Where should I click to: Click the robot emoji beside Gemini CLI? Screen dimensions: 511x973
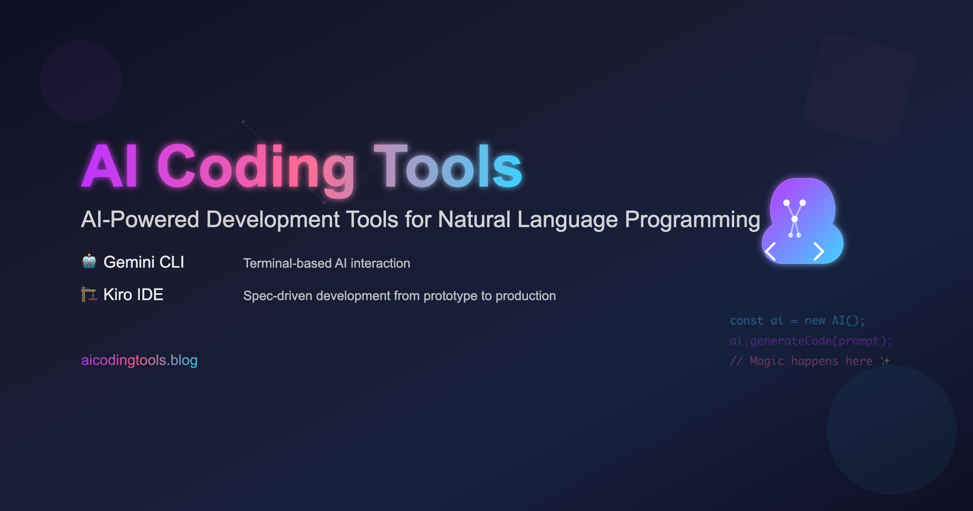point(89,262)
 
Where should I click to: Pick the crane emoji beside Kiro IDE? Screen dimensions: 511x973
point(89,294)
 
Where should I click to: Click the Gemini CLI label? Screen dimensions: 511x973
point(144,262)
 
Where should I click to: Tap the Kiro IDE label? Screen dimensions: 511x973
point(133,295)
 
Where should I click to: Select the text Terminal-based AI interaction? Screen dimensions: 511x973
point(326,264)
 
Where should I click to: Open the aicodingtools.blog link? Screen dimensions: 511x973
point(139,360)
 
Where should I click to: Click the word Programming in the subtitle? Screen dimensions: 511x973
point(692,220)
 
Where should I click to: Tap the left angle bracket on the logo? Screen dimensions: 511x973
point(770,251)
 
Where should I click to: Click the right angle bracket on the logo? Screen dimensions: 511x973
point(819,251)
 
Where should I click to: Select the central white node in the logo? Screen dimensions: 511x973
point(795,219)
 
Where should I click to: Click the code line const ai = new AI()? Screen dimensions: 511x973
point(797,321)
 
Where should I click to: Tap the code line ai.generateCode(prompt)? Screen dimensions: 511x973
point(811,341)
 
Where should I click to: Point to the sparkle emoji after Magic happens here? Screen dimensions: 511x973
point(885,361)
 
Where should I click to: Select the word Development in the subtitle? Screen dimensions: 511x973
point(272,220)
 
